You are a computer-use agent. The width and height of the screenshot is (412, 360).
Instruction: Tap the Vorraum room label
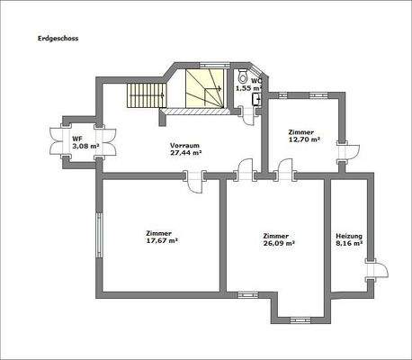point(184,145)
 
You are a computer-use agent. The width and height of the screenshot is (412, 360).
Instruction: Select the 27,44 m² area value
point(184,153)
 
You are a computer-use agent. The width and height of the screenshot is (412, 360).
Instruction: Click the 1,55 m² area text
point(247,88)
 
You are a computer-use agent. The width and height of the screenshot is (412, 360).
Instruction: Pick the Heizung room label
point(347,234)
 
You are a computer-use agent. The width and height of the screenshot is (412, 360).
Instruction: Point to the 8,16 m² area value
point(347,242)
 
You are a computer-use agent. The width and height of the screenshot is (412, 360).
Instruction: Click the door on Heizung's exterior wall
point(372,268)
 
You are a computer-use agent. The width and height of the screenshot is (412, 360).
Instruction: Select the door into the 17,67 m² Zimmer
point(194,180)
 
